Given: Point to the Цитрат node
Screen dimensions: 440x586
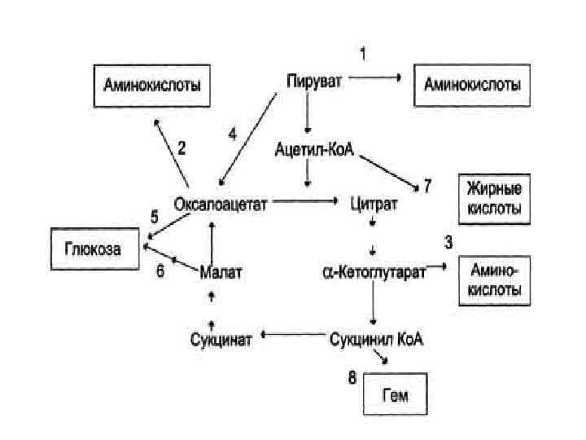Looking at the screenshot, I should tap(373, 204).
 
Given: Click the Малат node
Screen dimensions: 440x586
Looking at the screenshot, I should tap(221, 271).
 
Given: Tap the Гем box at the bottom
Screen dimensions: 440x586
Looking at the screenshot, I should tap(394, 395).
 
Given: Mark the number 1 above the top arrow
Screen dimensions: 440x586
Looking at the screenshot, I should tap(362, 55).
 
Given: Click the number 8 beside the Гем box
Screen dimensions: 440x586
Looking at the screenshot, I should tap(352, 377).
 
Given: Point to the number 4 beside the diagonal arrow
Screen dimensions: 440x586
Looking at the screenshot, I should tap(233, 135).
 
